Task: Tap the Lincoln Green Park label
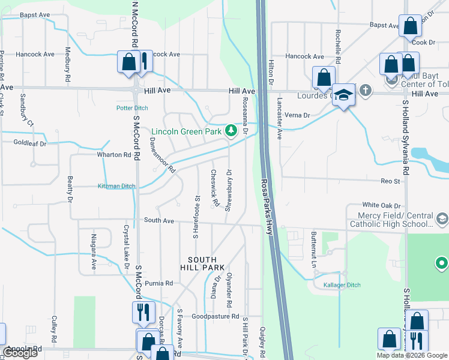(187, 131)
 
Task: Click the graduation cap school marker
(343, 95)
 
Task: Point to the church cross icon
(366, 91)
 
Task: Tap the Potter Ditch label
(133, 109)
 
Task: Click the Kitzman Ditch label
(116, 187)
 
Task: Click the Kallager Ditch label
(341, 285)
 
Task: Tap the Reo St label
(390, 181)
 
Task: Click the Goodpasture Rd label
(215, 316)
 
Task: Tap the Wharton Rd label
(114, 155)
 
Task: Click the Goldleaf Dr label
(30, 143)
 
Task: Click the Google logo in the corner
(20, 353)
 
